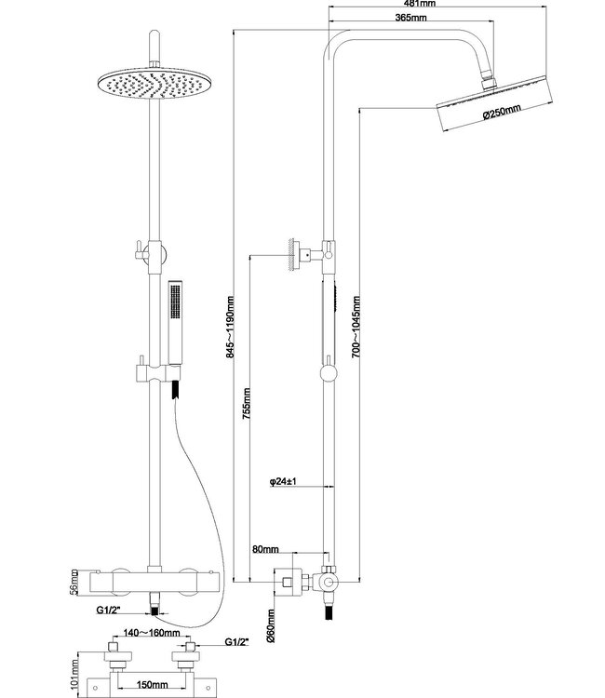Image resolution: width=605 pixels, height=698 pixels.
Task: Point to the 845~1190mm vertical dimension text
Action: tap(230, 327)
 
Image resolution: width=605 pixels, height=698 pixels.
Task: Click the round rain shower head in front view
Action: tap(149, 85)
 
